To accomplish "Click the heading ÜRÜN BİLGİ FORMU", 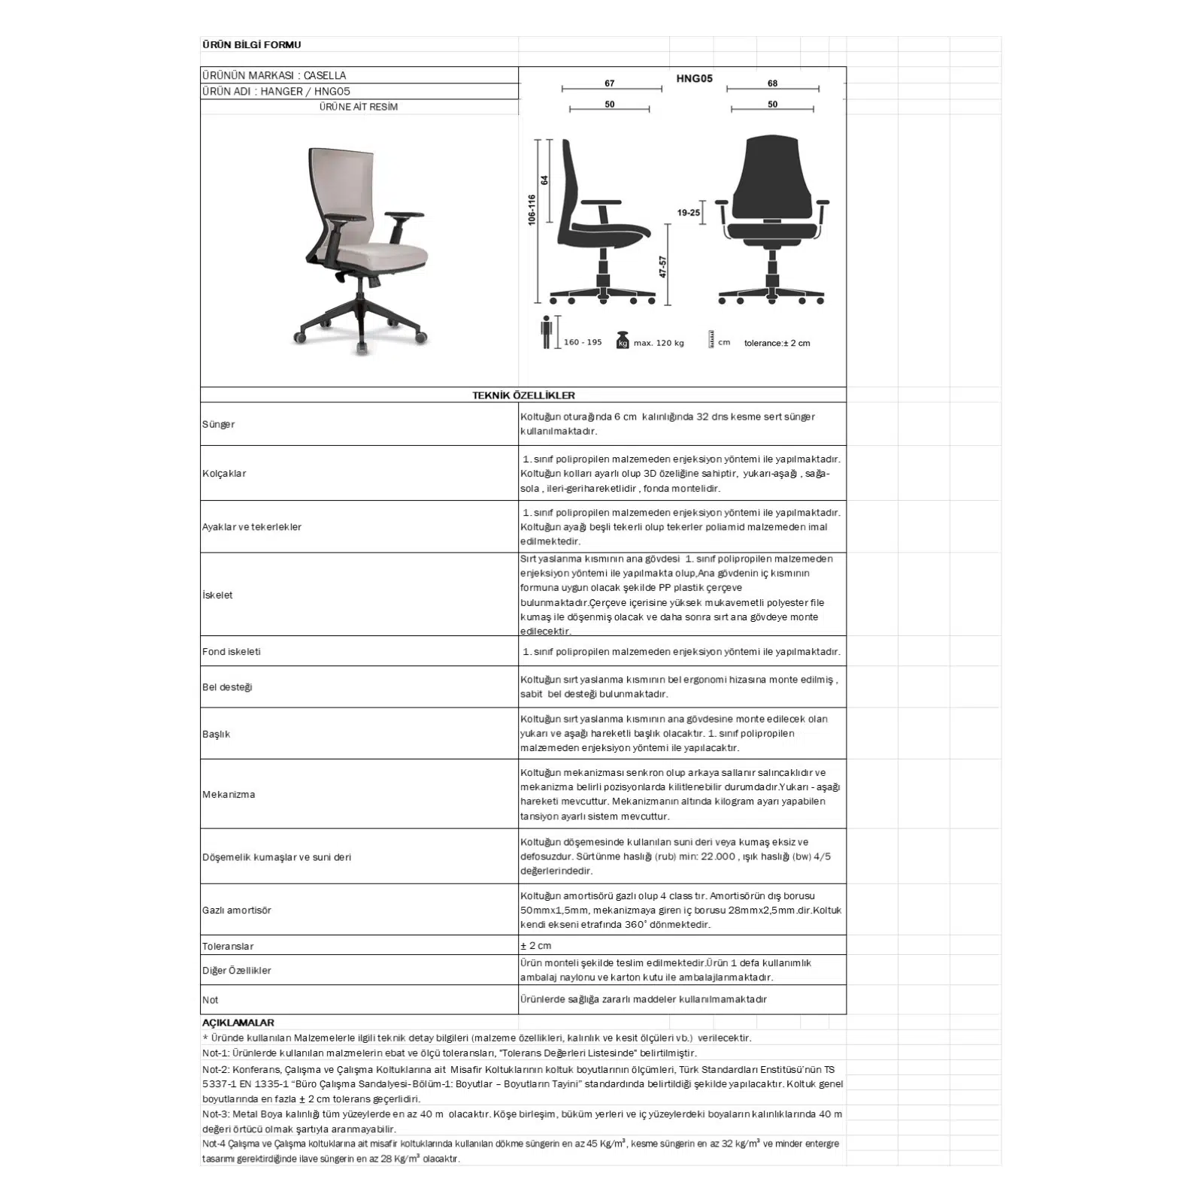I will tap(251, 45).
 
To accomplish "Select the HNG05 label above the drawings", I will tap(694, 78).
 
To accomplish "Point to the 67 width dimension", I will tap(610, 83).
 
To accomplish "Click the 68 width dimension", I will tap(772, 83).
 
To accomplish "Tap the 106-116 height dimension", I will tap(532, 210).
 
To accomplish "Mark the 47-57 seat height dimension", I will tap(662, 267).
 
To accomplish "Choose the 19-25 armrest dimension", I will tap(688, 213).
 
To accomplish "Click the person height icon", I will tap(547, 332).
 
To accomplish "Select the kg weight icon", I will tap(623, 341).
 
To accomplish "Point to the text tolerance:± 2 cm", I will tap(777, 344).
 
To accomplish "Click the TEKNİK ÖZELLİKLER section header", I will tap(523, 395).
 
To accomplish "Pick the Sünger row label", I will tap(218, 425).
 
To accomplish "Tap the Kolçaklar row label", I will tap(224, 474).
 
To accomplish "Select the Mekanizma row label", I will tap(229, 795).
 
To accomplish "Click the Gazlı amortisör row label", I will tap(236, 911).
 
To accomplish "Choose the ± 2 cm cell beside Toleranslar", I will tap(536, 946).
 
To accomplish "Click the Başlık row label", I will tap(216, 735).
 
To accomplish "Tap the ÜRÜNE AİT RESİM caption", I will tap(359, 107).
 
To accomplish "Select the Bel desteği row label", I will tap(227, 687).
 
